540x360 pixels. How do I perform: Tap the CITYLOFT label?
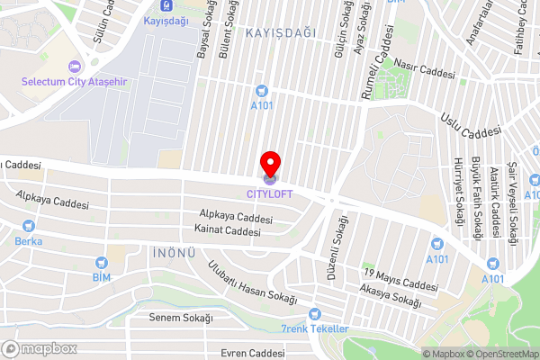[270, 191]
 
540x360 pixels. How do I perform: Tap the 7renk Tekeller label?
[314, 328]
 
